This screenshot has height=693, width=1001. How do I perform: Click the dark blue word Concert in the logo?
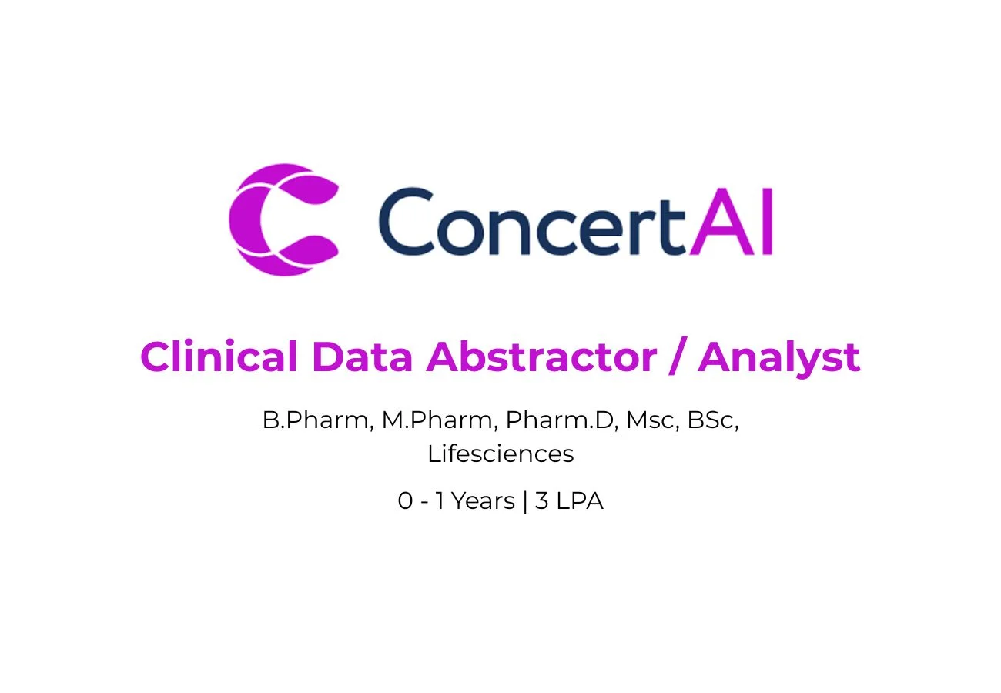[532, 222]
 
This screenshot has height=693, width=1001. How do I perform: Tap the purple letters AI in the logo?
[731, 222]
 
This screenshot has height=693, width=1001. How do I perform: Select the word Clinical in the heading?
[219, 356]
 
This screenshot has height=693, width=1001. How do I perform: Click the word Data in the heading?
[363, 357]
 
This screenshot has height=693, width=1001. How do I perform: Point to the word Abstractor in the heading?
[541, 357]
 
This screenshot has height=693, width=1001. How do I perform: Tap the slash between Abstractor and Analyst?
[678, 356]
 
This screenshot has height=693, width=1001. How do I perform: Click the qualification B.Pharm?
[316, 420]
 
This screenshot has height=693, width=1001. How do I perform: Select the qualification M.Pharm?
[437, 420]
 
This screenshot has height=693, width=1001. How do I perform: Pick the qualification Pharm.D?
[560, 420]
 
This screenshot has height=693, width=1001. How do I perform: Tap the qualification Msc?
[650, 420]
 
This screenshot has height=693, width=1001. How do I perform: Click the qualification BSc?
[710, 420]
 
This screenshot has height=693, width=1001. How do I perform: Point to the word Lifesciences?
[500, 454]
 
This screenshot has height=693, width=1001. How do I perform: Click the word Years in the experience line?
[483, 500]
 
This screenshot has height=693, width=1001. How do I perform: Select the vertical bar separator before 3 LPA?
[525, 501]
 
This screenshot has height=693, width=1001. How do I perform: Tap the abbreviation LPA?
[580, 500]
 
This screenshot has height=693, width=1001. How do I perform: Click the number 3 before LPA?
[541, 500]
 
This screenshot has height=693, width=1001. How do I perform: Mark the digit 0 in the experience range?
[405, 500]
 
